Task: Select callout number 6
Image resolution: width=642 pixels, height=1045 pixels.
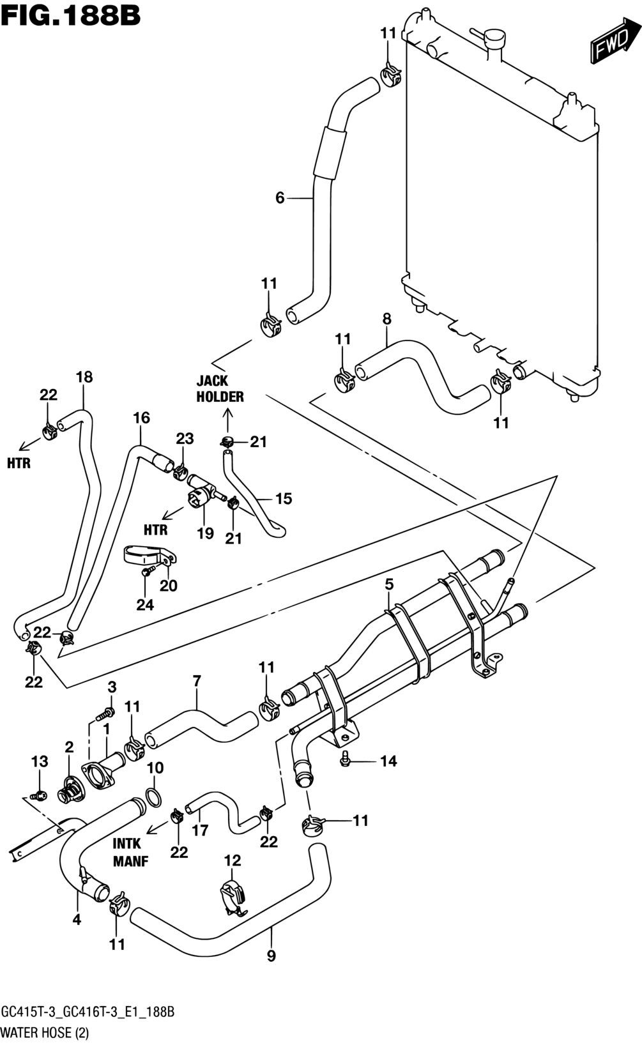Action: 279,198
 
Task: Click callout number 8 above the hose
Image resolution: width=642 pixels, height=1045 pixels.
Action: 386,319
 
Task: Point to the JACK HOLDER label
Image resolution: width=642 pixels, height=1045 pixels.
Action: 220,388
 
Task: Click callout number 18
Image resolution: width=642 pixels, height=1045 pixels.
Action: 84,377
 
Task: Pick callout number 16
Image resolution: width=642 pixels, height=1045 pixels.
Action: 141,418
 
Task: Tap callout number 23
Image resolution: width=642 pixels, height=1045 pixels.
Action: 185,439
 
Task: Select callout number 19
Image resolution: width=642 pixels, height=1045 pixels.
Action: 205,533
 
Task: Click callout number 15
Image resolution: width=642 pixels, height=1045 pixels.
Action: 283,498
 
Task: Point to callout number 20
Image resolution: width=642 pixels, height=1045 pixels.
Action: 169,586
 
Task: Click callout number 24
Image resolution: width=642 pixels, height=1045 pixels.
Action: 145,605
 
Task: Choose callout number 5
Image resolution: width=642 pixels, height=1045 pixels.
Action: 388,584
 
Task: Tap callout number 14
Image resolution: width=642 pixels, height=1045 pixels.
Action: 388,761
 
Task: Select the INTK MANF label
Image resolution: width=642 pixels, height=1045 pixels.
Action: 131,852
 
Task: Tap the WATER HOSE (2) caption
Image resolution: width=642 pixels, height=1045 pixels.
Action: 45,1032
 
